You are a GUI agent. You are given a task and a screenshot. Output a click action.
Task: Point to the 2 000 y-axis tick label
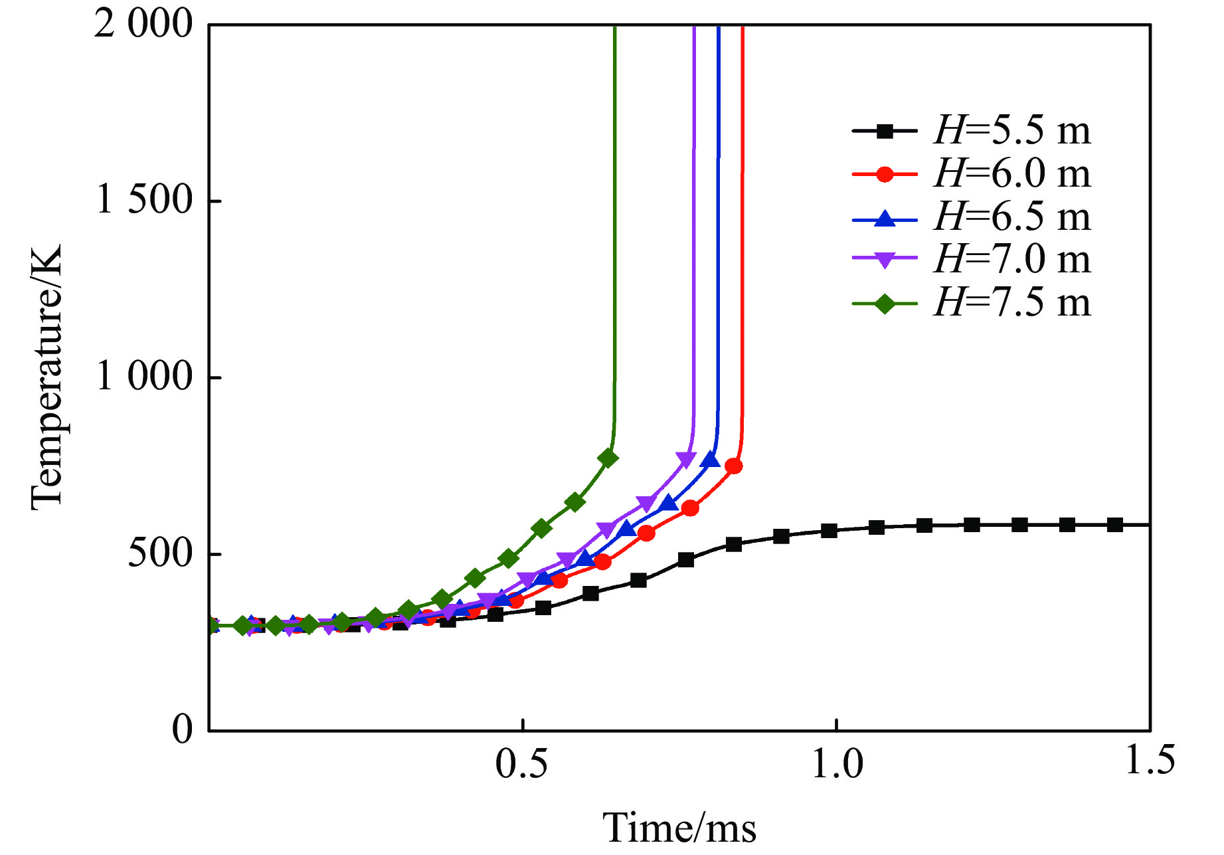coord(143,25)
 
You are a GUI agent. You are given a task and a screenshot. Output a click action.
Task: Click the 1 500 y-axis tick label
coord(144,200)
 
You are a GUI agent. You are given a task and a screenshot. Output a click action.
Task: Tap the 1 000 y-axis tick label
coord(144,377)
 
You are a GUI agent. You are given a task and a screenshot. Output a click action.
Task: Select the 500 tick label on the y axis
coord(160,553)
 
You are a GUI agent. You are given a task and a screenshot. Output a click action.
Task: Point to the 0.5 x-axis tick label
coord(522,764)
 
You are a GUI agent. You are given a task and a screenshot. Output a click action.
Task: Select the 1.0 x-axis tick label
coord(837,764)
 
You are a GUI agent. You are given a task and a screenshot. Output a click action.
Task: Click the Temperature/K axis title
coord(46,377)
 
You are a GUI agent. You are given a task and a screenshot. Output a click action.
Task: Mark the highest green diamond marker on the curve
coord(608,458)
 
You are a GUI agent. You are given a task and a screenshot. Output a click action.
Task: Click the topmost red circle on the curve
coord(733,466)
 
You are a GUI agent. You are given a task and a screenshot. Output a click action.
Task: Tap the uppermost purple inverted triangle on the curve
coord(685,459)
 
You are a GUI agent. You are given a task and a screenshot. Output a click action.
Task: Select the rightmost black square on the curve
coord(1115,525)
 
